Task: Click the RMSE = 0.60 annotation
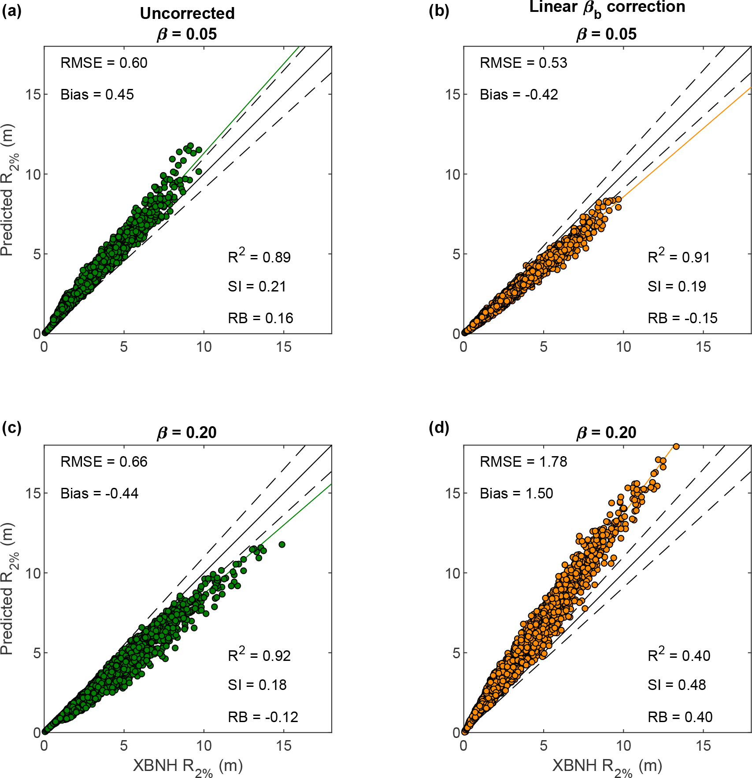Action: click(104, 63)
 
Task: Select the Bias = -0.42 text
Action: click(519, 95)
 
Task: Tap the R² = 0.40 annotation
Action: click(678, 656)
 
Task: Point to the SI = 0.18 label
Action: click(257, 685)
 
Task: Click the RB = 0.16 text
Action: click(260, 318)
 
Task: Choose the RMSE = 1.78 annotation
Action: click(523, 461)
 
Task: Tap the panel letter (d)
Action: click(439, 428)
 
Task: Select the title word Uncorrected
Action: click(187, 14)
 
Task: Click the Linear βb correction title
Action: click(607, 7)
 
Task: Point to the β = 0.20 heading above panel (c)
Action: click(187, 432)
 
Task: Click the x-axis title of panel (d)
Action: click(607, 767)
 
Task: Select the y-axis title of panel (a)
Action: click(9, 190)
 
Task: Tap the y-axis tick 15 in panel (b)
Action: click(452, 94)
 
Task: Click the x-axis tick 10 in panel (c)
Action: click(204, 745)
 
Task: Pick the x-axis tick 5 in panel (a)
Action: click(124, 347)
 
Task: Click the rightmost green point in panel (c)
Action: click(282, 545)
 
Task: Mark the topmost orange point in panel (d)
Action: click(676, 446)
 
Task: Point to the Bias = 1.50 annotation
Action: click(516, 493)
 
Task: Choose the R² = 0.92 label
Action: click(259, 656)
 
